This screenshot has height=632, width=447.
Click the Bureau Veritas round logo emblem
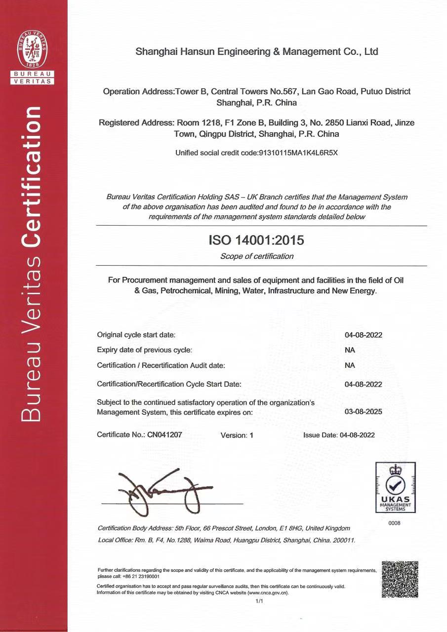click(33, 49)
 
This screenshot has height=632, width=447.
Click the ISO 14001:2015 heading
click(256, 240)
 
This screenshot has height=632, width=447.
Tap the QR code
click(400, 579)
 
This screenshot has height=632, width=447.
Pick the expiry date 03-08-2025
click(363, 411)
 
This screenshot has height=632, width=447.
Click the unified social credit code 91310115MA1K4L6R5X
click(298, 153)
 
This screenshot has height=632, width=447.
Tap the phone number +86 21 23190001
click(142, 576)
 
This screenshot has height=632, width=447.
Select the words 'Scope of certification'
click(256, 256)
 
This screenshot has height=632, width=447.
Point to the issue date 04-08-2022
click(357, 435)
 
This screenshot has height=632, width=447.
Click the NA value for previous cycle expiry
click(350, 350)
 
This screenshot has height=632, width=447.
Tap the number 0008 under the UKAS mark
click(394, 523)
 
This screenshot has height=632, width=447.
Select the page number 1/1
click(259, 601)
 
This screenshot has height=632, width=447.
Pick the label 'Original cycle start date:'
click(136, 335)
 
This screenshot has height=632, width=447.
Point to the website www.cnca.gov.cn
click(267, 592)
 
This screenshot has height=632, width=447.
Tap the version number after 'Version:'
click(251, 435)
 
